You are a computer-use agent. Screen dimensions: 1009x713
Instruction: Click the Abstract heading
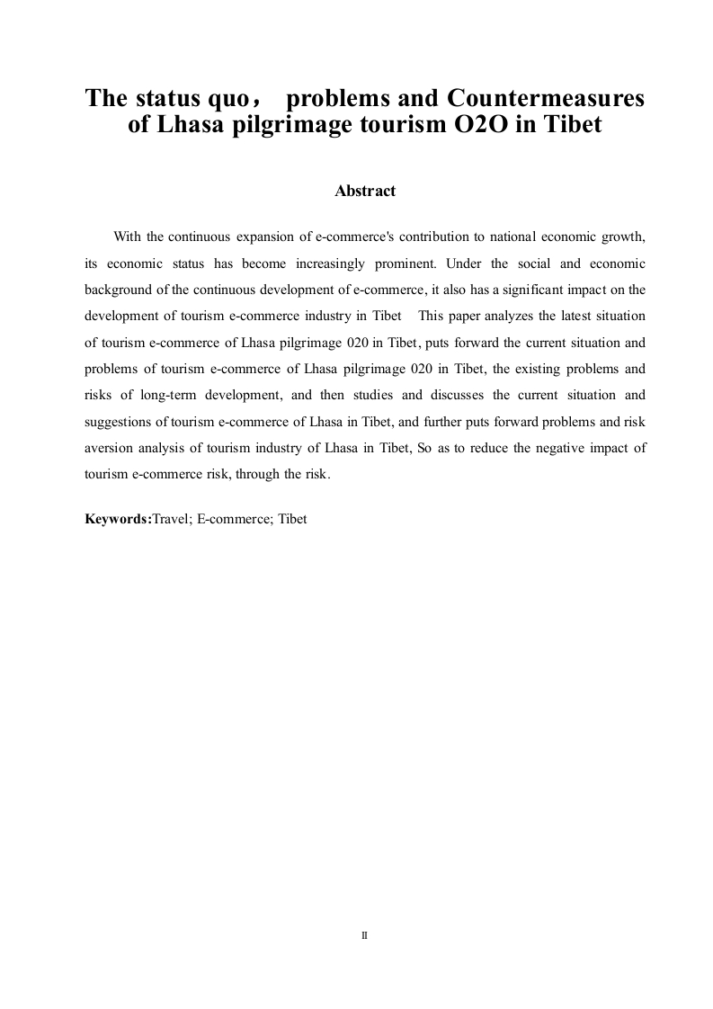click(x=365, y=192)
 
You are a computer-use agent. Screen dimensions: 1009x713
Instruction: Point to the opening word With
click(x=127, y=237)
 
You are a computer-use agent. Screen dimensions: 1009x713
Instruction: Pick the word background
click(x=117, y=290)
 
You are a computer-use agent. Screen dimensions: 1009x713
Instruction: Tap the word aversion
click(x=110, y=448)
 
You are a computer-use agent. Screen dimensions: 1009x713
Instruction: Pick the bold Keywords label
click(x=118, y=519)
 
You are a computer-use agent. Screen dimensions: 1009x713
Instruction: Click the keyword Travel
click(x=171, y=519)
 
